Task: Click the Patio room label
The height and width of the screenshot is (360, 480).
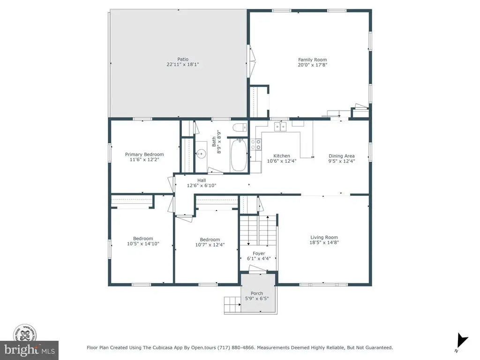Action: pos(183,59)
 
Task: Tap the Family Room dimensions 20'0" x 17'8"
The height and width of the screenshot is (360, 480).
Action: pos(313,65)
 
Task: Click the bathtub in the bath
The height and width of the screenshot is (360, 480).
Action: pos(239,155)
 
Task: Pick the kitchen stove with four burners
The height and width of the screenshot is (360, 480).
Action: pos(256,144)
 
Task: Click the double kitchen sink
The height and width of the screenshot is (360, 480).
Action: pos(280,127)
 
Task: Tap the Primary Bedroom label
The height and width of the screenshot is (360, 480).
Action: pos(144,154)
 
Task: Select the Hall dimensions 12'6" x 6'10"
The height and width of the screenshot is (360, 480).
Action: pos(202,185)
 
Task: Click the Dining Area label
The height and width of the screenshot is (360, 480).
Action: pos(342,156)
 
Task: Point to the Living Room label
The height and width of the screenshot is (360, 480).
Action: pos(324,237)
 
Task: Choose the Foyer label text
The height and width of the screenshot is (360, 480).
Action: pos(259,254)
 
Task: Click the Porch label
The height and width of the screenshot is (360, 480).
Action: pos(257,293)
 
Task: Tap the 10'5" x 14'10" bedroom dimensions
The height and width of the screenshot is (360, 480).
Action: pos(143,244)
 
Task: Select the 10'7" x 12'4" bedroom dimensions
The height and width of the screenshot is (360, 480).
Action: pos(210,245)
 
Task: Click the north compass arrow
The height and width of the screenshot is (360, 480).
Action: pos(462,340)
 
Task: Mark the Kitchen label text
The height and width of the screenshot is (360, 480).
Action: pos(282,156)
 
